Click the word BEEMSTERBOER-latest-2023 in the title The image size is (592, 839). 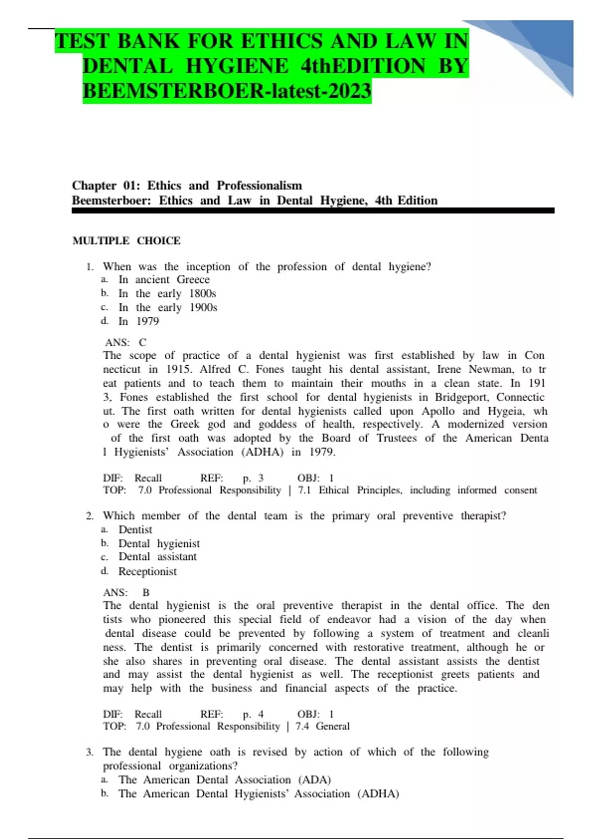[226, 91]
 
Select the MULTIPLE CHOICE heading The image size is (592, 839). [126, 241]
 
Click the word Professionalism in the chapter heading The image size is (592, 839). [259, 186]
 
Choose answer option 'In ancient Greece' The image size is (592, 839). [164, 279]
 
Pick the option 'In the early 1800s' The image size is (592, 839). [167, 293]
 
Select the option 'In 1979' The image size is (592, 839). [139, 321]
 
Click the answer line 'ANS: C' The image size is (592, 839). [125, 342]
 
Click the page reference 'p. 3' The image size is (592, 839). [253, 478]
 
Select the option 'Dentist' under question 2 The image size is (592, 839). [135, 530]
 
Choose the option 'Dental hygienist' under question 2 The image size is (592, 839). [159, 543]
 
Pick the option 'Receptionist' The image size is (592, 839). [147, 572]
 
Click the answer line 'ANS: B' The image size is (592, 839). [126, 592]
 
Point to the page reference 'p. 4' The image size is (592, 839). [253, 714]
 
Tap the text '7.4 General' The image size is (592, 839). [323, 726]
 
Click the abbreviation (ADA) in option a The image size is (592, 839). [314, 780]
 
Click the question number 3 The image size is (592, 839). [89, 752]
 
